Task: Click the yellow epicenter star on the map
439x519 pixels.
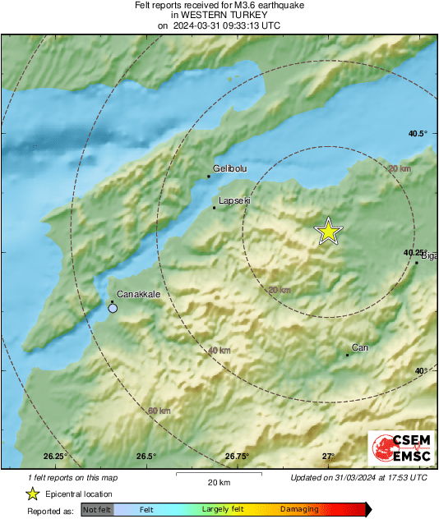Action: click(329, 232)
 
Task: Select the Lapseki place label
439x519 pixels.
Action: click(235, 200)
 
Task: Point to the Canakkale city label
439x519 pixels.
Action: click(137, 293)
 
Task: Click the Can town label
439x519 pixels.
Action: click(359, 347)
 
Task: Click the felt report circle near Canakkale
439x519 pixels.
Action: click(113, 309)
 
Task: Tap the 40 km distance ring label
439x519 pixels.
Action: click(219, 351)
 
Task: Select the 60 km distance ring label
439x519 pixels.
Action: click(159, 411)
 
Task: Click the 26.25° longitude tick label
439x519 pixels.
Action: click(55, 456)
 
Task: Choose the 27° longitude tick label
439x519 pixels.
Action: click(328, 456)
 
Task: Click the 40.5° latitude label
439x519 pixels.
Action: click(418, 133)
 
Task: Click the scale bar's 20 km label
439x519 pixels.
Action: click(218, 481)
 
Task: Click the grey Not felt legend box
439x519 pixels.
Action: click(96, 509)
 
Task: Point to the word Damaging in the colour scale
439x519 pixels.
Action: click(299, 509)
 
